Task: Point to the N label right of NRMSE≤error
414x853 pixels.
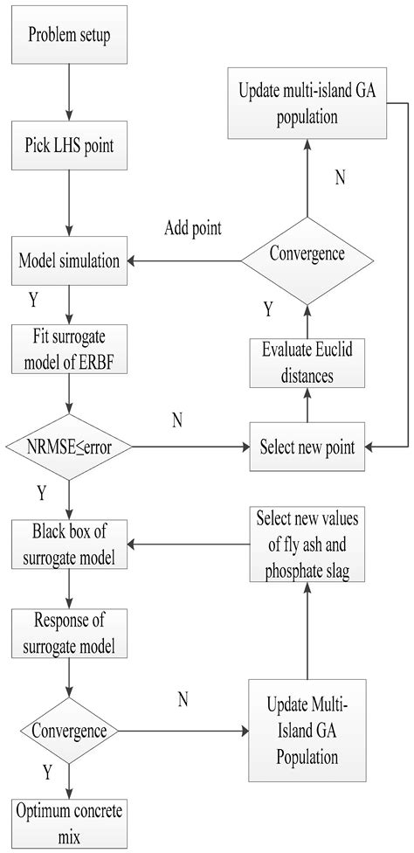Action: coord(176,421)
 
